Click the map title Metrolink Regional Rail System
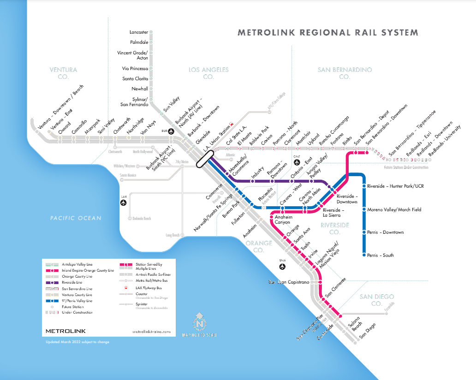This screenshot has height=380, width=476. (x=327, y=33)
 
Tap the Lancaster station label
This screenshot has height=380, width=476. (x=139, y=32)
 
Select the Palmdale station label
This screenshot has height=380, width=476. (x=139, y=42)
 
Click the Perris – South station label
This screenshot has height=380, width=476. (x=381, y=255)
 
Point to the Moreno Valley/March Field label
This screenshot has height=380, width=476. (x=394, y=210)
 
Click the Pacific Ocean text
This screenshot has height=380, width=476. (x=76, y=218)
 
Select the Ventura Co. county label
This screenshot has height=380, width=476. (x=63, y=73)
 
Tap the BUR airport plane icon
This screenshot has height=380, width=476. (x=172, y=131)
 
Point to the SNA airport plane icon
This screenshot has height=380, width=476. (x=283, y=267)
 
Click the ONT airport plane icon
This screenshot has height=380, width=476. (x=297, y=163)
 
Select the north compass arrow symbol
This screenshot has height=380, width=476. (x=199, y=321)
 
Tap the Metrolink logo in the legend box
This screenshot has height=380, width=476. (x=65, y=331)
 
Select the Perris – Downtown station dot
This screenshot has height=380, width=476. (x=364, y=232)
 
